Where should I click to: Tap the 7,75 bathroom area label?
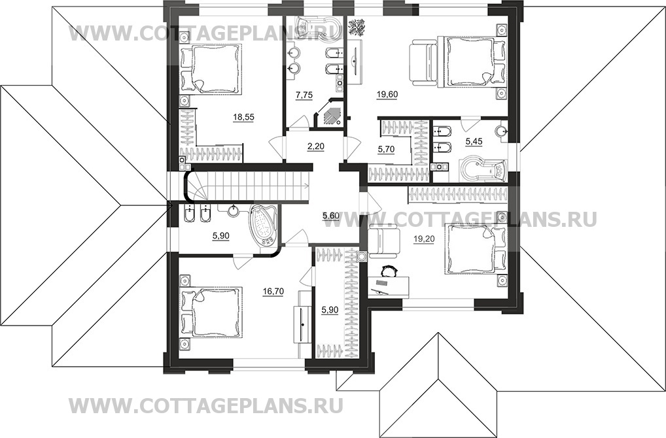click(x=304, y=95)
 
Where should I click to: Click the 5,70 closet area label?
click(x=386, y=148)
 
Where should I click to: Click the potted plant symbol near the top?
click(x=358, y=27)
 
